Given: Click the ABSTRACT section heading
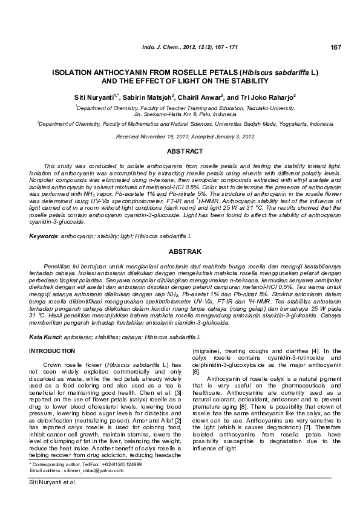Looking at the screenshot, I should [180, 151].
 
